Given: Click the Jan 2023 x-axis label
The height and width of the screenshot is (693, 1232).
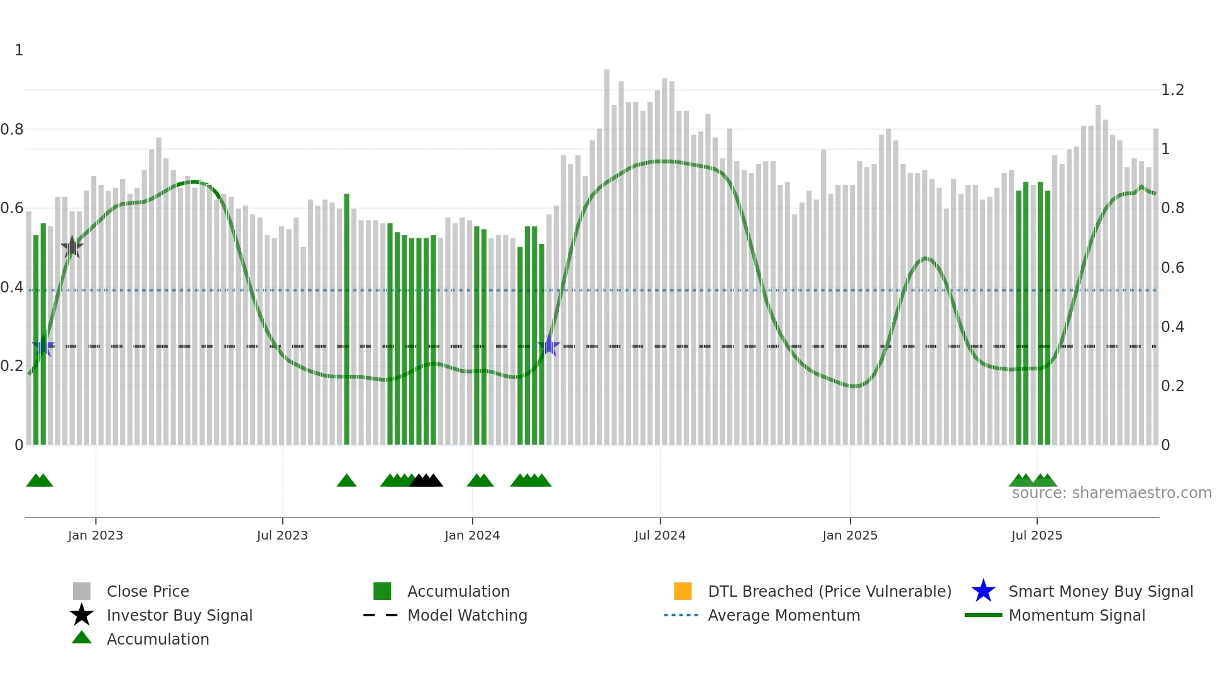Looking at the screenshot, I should [96, 535].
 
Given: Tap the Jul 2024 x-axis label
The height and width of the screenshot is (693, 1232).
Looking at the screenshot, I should [660, 535].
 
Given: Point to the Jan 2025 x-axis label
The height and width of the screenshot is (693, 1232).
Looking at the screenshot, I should [850, 535].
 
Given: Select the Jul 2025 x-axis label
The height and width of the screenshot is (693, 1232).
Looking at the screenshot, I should [1037, 535].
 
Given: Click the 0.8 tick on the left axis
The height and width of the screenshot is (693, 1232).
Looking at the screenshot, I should [12, 130].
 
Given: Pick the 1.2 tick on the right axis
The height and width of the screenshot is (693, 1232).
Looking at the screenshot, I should [1172, 90].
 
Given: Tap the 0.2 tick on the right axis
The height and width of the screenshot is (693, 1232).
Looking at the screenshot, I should [1172, 386].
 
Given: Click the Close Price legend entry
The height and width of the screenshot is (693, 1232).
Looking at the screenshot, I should [148, 591].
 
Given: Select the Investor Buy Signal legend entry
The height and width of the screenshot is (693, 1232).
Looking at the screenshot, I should [179, 615].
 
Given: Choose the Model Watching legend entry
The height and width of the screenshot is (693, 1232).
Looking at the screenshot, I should [467, 615].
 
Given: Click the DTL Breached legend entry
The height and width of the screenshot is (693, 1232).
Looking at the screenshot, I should [829, 591].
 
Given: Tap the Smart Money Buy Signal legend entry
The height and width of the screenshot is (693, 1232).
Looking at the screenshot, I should [1101, 591].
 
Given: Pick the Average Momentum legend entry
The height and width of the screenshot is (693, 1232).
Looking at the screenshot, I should [784, 615].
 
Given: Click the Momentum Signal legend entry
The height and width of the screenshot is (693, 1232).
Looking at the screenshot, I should [1077, 615].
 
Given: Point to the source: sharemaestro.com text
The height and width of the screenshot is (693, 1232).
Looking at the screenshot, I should [1111, 493].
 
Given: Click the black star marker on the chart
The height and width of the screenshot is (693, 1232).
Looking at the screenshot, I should [72, 247].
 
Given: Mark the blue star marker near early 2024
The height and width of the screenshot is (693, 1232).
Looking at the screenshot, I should [549, 345].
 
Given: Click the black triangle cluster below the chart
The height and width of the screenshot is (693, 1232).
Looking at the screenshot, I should [426, 481].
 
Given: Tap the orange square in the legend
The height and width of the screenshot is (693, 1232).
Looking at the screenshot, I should [683, 591].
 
